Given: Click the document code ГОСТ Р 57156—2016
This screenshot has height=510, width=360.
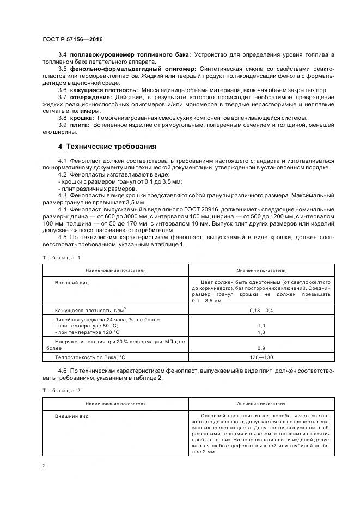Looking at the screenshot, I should coord(73,40).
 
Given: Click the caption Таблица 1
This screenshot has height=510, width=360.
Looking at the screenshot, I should coord(61,257).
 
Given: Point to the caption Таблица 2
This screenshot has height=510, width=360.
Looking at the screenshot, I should coord(61,391).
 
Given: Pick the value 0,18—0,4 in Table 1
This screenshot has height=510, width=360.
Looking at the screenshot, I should coord(261,310).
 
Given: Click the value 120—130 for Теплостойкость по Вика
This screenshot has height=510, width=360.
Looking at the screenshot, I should coord(261,357).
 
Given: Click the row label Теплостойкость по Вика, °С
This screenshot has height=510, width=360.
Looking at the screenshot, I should coord(90,357).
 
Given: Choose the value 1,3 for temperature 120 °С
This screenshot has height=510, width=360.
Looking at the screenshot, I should coord(261,332).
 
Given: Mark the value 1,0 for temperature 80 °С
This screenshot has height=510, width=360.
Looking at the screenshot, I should coord(261,325).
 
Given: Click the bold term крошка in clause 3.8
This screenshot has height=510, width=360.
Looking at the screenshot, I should coord(81,118).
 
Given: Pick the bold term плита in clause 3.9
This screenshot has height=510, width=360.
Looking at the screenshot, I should coord(79,125).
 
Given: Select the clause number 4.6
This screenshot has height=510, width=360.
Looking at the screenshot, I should coord(62,371).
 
